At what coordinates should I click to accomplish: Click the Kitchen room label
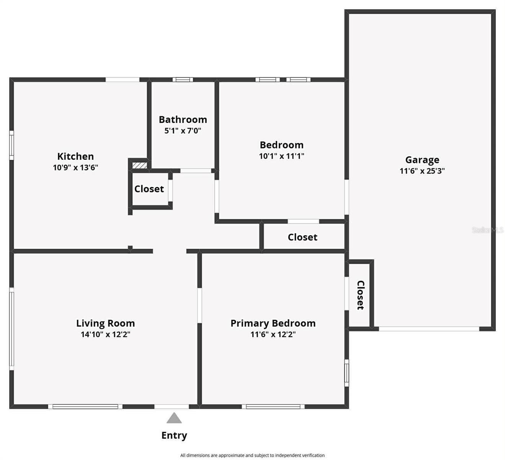75,156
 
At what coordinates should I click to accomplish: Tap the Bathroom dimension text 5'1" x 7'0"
183,131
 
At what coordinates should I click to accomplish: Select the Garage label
422,160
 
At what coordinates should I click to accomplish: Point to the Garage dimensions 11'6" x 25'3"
422,171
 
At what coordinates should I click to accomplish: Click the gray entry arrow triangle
174,418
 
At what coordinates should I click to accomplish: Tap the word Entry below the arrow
174,435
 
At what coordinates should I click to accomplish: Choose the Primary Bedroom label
273,323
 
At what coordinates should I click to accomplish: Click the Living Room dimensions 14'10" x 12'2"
105,334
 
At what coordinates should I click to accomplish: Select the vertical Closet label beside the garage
361,295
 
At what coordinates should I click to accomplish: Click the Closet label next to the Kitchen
149,189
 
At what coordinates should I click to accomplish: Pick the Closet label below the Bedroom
302,237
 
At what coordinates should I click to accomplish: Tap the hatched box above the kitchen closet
139,165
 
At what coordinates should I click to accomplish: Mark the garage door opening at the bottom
429,329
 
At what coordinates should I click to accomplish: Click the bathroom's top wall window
183,80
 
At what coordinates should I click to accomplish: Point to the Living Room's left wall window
12,329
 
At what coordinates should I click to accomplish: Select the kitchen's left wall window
12,145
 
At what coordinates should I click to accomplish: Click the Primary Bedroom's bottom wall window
273,407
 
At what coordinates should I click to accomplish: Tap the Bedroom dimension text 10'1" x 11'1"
281,156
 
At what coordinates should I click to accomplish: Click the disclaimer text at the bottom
252,455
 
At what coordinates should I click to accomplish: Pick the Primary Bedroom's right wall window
346,373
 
